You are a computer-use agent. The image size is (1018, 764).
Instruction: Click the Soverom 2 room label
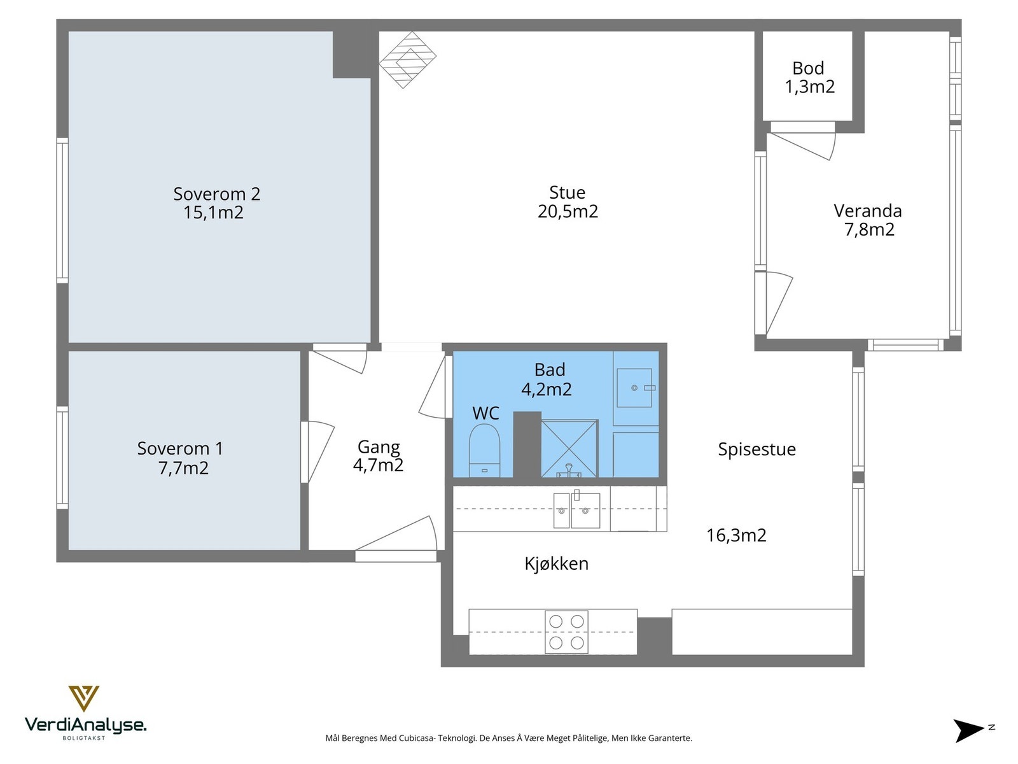pos(216,194)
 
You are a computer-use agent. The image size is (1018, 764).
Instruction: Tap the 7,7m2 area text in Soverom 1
pos(183,468)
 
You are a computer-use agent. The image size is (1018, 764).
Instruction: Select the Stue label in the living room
pos(567,192)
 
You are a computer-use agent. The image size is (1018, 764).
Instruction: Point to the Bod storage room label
pos(809,68)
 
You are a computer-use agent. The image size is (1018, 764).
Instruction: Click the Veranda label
pos(868,211)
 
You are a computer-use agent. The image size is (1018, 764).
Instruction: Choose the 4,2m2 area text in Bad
pos(547,389)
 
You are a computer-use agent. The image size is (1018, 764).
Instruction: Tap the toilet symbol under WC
pos(484,450)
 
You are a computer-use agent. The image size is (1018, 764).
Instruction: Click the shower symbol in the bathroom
pos(569,448)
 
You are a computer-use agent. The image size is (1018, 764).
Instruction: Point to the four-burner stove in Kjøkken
pos(566,632)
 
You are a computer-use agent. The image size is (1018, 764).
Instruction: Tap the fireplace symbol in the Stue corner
pos(408,60)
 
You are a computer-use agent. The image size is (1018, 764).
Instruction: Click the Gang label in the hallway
pos(379,447)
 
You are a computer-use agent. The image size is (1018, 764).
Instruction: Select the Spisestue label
pos(757,449)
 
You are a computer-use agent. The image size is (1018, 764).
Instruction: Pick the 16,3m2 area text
pos(736,535)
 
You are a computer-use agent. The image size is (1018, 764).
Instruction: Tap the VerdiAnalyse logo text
pos(85,725)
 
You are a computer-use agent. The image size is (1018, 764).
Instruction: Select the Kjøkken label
pos(557,563)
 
